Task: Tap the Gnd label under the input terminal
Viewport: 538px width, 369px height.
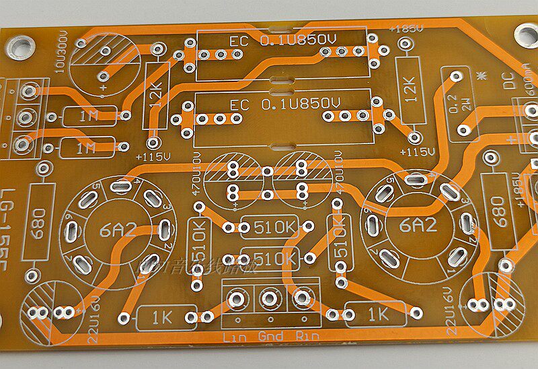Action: (269, 336)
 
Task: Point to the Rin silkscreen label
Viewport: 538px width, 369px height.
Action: (305, 336)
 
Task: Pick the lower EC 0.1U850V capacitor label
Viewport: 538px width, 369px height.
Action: (282, 105)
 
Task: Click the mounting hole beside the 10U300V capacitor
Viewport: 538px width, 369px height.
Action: (21, 45)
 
